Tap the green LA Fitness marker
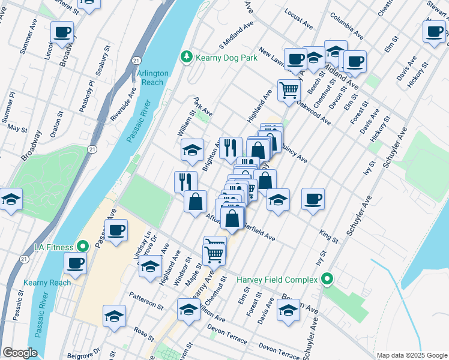(x=83, y=247)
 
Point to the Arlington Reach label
(x=153, y=77)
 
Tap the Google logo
(x=20, y=353)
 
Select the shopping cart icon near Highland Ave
(x=289, y=90)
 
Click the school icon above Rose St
(x=114, y=316)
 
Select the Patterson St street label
(x=146, y=301)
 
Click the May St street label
(x=17, y=128)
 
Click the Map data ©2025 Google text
(x=411, y=355)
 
